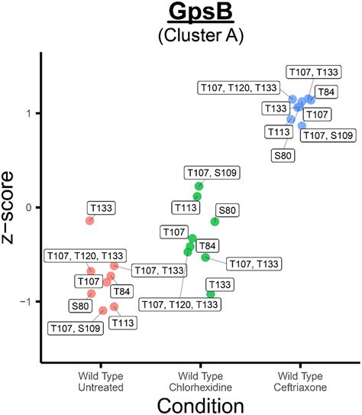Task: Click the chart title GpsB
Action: [202, 15]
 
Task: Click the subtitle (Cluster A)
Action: [202, 37]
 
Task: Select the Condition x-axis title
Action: [201, 402]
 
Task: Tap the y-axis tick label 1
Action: [31, 113]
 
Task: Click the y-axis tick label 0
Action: [31, 207]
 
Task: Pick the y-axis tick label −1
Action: [27, 301]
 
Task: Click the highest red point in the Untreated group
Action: [90, 220]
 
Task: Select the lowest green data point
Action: [211, 294]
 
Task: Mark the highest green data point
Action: [199, 186]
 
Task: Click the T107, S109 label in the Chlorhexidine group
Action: [212, 173]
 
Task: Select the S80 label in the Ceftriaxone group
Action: [281, 155]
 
